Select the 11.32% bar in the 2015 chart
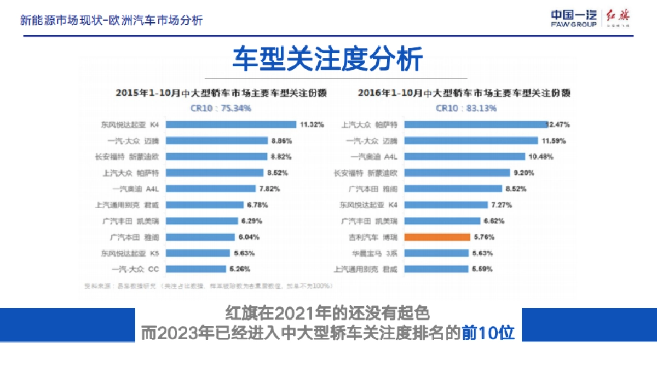[230, 124]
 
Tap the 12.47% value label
[559, 124]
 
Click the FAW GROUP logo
[573, 19]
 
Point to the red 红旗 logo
[618, 18]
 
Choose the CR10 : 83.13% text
[467, 109]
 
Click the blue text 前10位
[488, 333]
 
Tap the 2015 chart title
[221, 93]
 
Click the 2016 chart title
[465, 93]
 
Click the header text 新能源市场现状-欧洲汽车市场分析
[112, 21]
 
